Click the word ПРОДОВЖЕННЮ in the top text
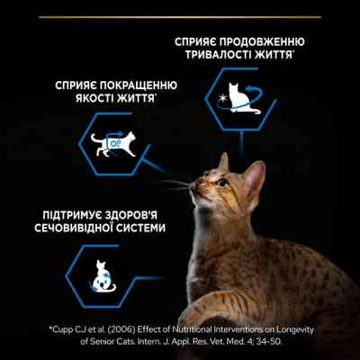266,42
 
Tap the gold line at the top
180,3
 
